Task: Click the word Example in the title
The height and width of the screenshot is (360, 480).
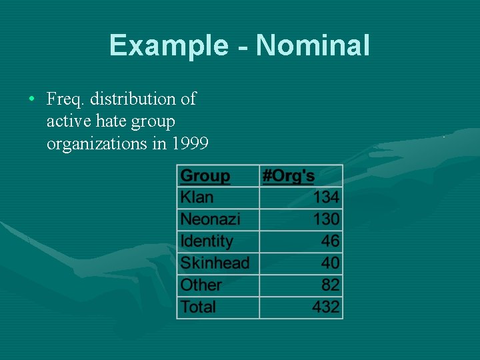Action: tap(169, 45)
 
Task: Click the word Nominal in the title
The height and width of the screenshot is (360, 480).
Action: tap(313, 45)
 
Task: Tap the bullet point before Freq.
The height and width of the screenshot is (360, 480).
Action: tap(32, 99)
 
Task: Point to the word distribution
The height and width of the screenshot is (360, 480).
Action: tap(134, 99)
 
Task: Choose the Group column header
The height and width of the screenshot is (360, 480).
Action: tap(205, 176)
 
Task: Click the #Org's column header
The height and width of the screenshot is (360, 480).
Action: tap(288, 176)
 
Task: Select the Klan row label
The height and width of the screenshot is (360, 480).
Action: tap(197, 197)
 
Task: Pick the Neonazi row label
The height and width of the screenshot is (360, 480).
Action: tap(210, 219)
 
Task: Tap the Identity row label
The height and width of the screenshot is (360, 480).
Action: tap(207, 241)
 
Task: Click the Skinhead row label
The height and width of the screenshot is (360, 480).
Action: tap(215, 263)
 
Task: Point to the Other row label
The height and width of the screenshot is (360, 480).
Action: tap(201, 285)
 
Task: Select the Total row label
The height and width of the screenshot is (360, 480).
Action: tap(199, 307)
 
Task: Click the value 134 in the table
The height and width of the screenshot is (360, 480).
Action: tap(326, 197)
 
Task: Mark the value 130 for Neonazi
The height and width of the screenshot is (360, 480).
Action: tap(326, 219)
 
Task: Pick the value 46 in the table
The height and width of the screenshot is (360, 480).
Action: tap(330, 241)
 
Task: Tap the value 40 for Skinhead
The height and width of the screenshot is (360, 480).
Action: tap(330, 263)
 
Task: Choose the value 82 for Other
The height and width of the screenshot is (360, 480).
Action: tap(330, 285)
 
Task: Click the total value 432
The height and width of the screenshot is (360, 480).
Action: tap(326, 307)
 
